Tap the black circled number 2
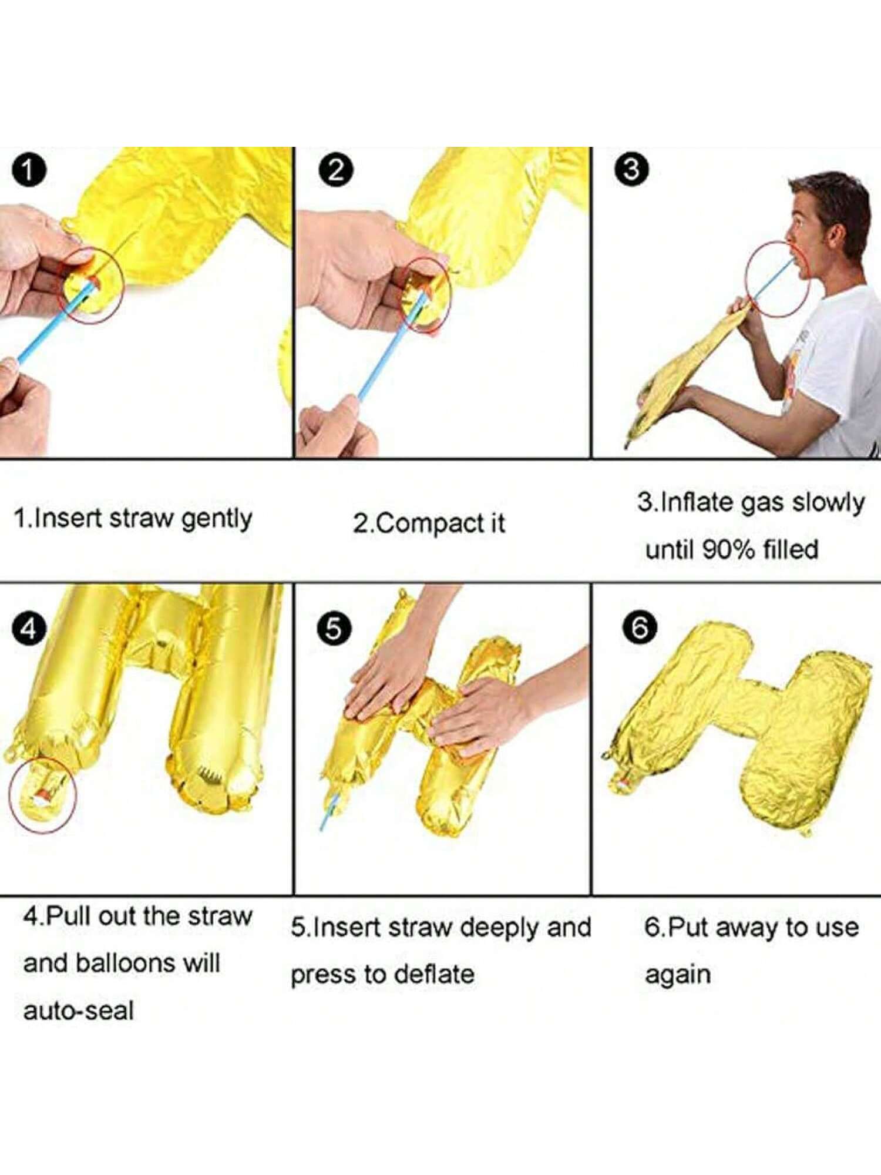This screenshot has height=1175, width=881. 336,170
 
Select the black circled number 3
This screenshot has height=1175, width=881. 632,170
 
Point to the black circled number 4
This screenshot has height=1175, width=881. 28,629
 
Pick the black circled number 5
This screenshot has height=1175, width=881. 334,629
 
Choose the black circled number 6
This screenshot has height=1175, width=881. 640,627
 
